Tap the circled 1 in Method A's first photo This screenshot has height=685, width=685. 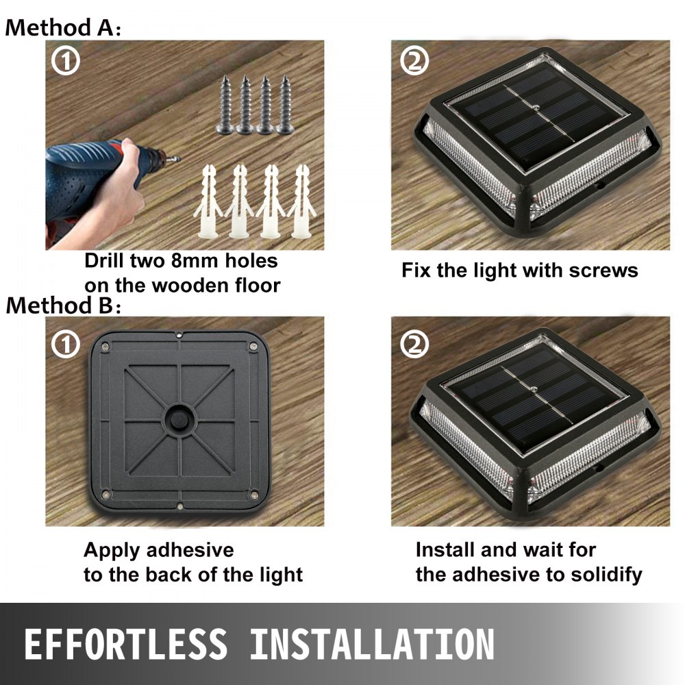66,61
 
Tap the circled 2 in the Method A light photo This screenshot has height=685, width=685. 413,61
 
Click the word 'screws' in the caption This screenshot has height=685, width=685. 603,270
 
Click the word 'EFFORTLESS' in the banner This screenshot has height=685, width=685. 125,645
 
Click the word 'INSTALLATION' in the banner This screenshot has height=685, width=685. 372,645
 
